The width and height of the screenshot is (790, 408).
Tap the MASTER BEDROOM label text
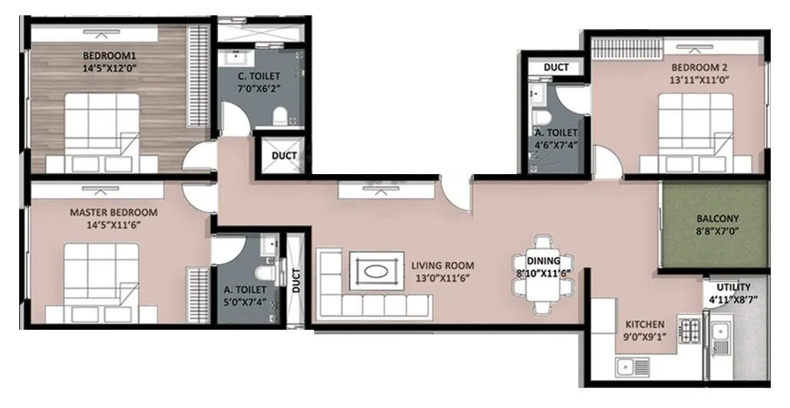coord(114,212)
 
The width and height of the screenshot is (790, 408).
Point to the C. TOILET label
coord(259,76)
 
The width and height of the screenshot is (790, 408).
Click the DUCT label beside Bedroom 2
coord(556,67)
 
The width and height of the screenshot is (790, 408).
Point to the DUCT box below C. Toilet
coord(284,156)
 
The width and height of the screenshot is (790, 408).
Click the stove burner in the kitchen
coord(689,331)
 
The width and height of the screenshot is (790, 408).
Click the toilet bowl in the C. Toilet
coord(280,116)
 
